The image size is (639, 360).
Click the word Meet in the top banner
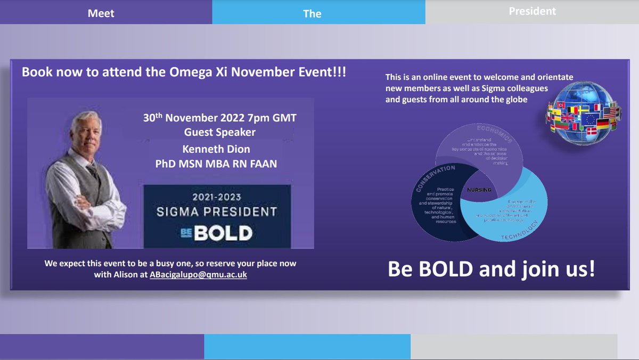(x=101, y=13)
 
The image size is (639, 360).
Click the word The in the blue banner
(x=312, y=14)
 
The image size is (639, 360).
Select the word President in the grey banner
(x=532, y=11)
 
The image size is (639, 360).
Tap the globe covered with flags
(x=584, y=114)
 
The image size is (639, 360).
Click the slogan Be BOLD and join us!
(x=491, y=269)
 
